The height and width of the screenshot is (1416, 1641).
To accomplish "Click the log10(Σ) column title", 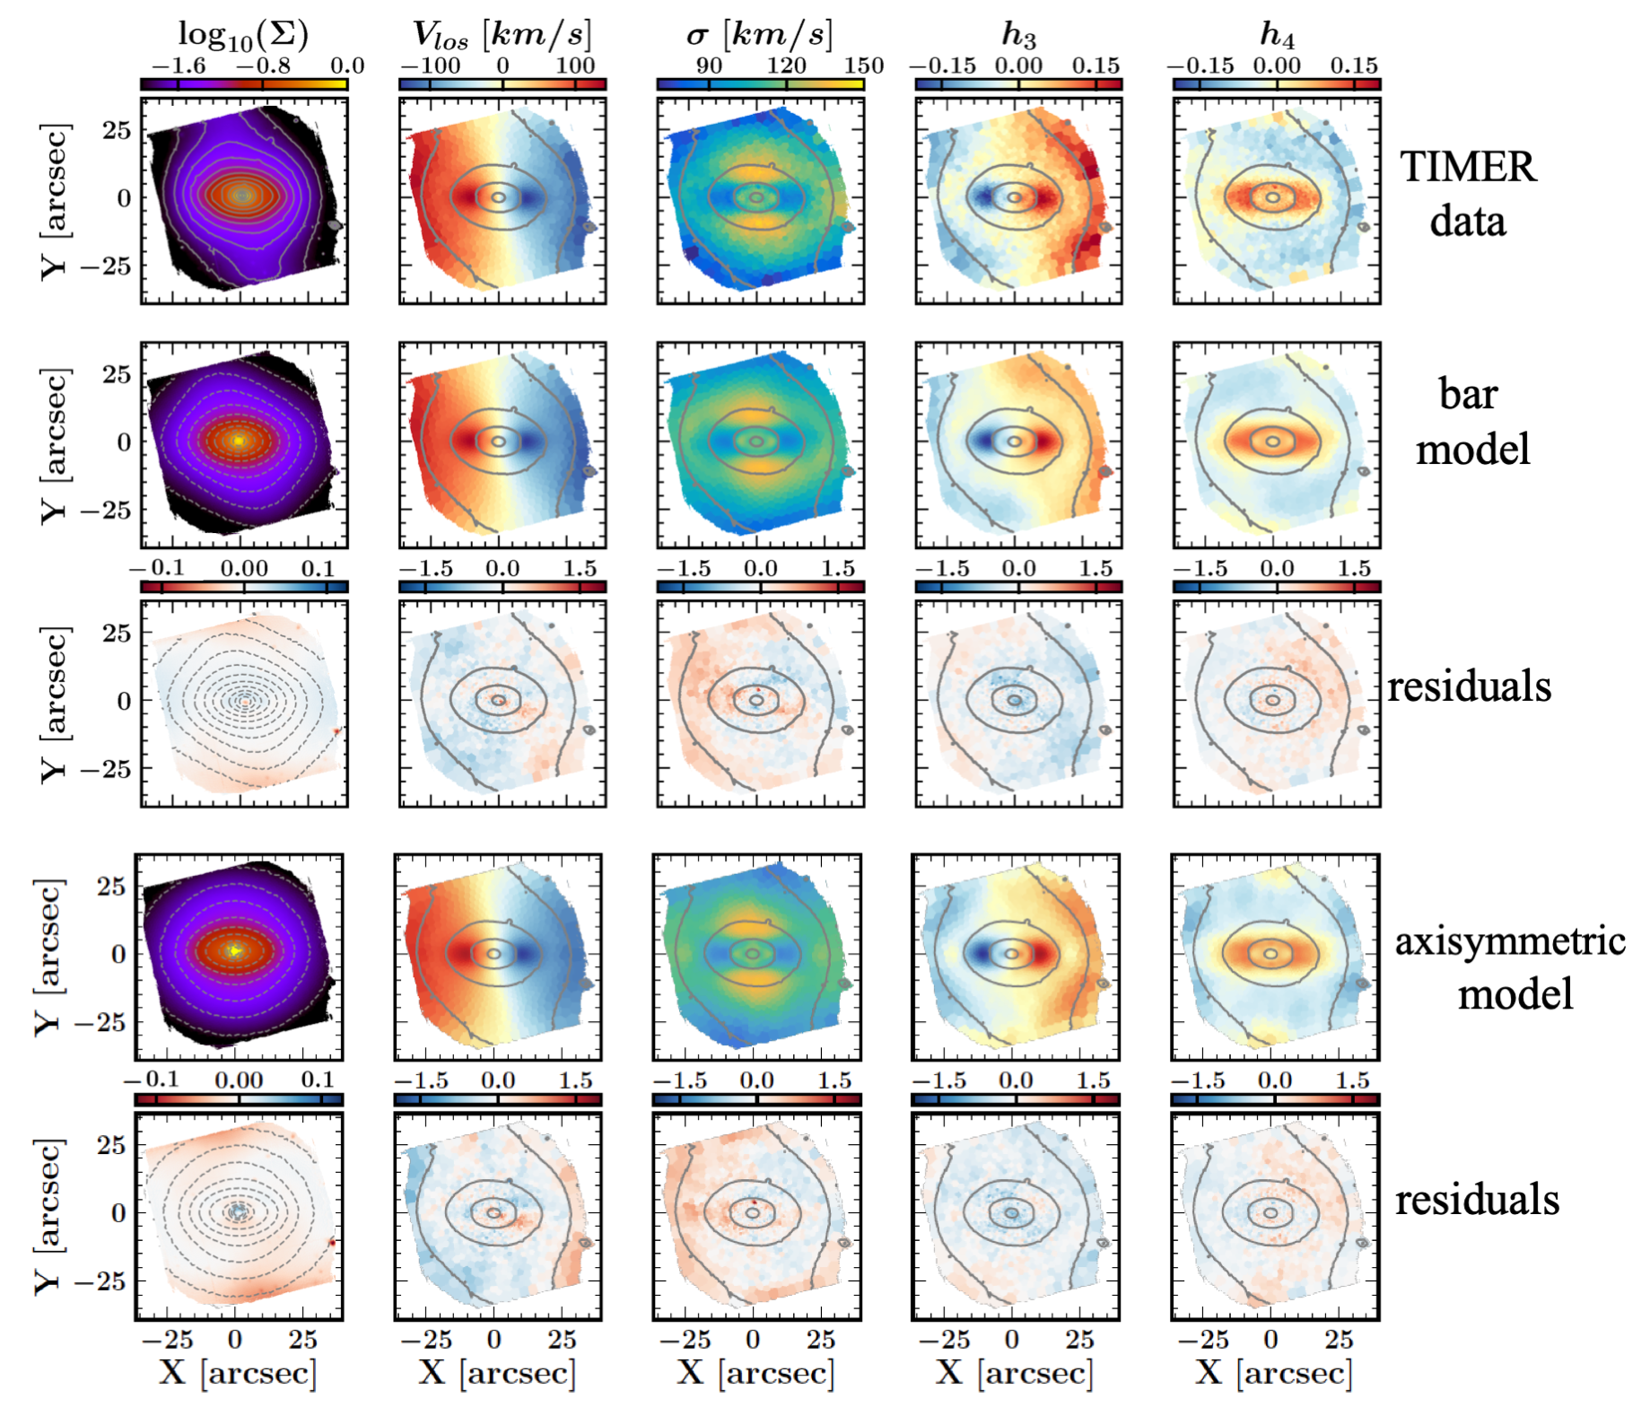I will tap(243, 34).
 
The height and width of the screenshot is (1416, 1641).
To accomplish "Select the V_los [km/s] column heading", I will tap(502, 34).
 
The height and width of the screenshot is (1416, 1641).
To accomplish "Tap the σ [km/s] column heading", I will tap(759, 34).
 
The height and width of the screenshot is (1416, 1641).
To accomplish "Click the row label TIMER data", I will tap(1468, 194).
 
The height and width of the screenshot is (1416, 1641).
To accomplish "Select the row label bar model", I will tap(1471, 421).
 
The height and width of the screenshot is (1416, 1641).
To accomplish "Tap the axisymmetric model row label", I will tap(1510, 967).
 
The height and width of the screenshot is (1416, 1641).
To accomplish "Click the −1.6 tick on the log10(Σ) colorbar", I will tap(179, 66).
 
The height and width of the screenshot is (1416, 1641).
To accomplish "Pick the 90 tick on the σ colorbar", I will tap(709, 66).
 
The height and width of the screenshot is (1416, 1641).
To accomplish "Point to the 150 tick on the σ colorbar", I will tap(863, 66).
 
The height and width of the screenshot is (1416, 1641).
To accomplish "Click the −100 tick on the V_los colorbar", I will tap(430, 66).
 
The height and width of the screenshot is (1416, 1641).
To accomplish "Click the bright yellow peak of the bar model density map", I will tap(238, 441).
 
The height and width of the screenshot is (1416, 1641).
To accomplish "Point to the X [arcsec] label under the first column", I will tap(238, 1372).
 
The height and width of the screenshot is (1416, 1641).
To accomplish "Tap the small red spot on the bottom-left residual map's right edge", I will tap(332, 1243).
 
